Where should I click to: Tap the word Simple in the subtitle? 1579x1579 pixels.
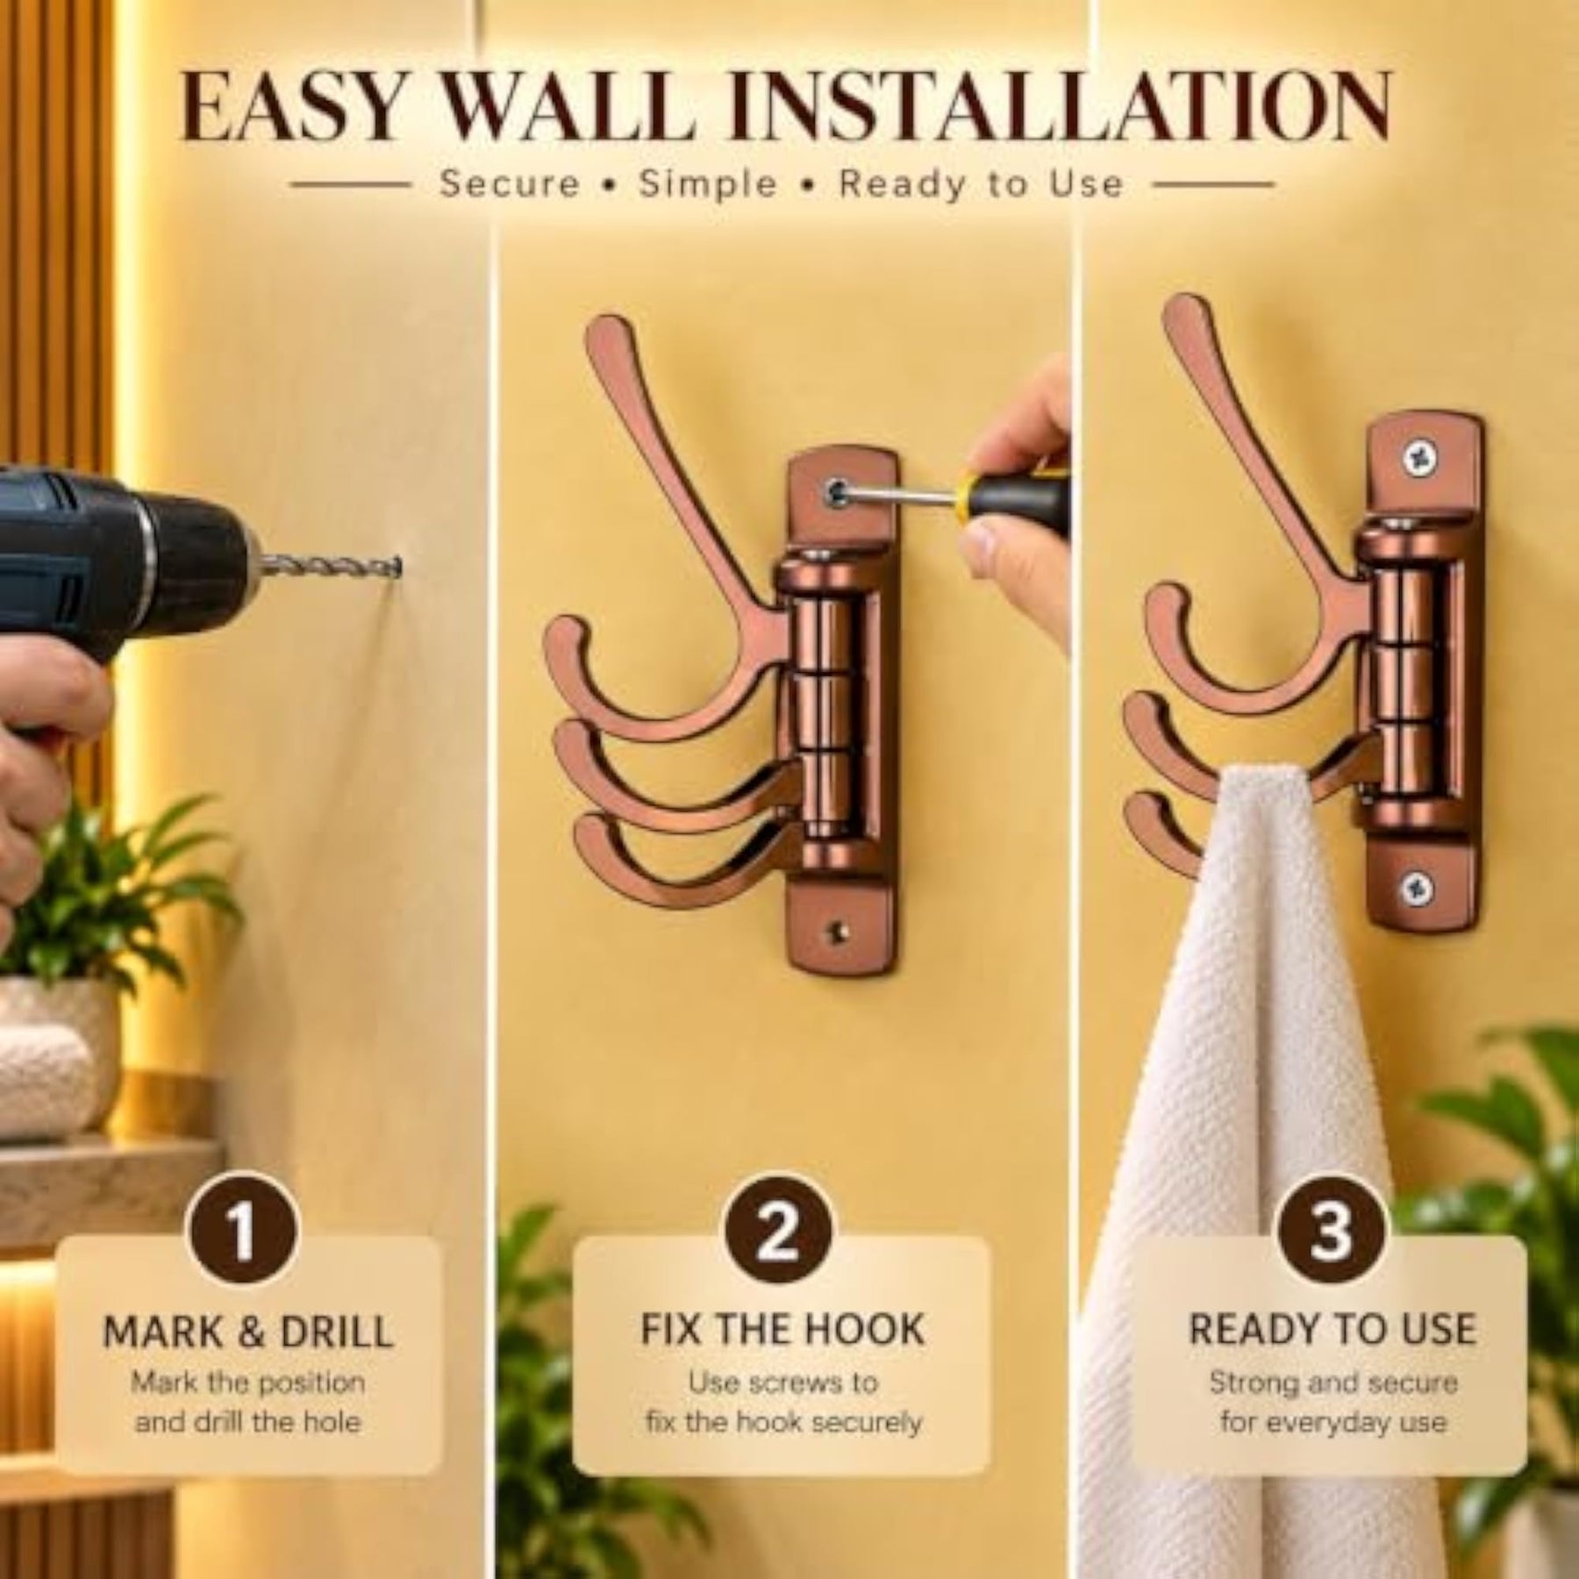tap(708, 185)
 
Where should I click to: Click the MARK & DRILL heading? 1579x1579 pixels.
tap(248, 1332)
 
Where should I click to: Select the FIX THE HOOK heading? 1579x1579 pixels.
tap(782, 1329)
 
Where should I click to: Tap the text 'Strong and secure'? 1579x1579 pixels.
tap(1333, 1383)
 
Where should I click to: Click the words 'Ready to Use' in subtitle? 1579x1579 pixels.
tap(982, 185)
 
